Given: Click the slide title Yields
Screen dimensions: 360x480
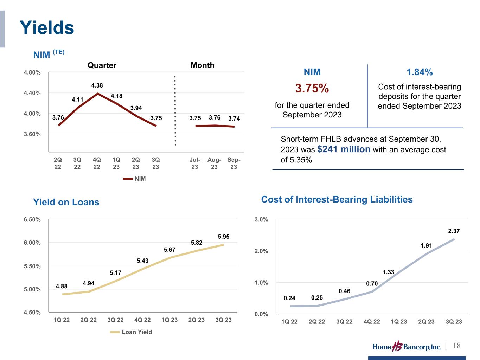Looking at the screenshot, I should (47, 27).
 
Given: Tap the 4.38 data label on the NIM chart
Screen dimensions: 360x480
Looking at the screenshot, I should (97, 85).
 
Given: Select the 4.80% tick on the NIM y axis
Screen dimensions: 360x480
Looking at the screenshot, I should (32, 73).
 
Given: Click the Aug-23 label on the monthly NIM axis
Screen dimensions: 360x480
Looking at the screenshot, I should (214, 163).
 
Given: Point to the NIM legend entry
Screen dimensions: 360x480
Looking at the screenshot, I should (134, 179).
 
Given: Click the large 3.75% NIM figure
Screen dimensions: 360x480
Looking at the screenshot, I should (312, 89).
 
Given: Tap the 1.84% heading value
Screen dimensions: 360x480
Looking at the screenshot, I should (420, 72).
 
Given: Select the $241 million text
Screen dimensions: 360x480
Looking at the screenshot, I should (344, 149).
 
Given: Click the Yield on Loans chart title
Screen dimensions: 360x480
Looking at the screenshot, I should (66, 202).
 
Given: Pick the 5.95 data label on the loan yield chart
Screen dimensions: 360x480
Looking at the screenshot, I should (224, 237).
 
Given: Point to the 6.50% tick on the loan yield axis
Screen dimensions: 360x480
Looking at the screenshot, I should (32, 219).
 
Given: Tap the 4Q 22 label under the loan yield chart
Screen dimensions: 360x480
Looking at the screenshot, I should (142, 320).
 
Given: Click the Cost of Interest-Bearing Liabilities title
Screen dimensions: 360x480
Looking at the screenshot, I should (337, 199).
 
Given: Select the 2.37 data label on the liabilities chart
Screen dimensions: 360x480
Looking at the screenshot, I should (454, 231).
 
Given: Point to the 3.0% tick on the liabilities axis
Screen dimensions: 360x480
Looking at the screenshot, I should (261, 220).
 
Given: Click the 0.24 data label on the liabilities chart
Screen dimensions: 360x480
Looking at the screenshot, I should (289, 298).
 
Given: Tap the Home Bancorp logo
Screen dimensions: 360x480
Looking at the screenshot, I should (407, 347).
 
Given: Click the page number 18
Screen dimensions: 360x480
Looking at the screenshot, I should (457, 346).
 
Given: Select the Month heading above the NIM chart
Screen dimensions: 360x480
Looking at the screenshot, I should (202, 65).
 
